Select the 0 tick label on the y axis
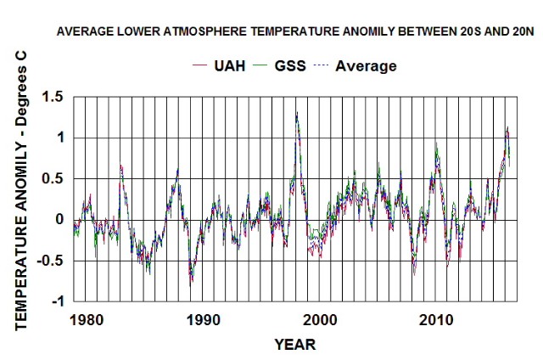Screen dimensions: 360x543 pos(59,219)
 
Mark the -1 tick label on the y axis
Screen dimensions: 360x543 pos(56,301)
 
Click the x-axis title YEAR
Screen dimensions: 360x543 pos(294,345)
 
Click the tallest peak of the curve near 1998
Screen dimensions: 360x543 pos(296,113)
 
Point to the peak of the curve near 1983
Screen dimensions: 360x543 pos(120,166)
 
